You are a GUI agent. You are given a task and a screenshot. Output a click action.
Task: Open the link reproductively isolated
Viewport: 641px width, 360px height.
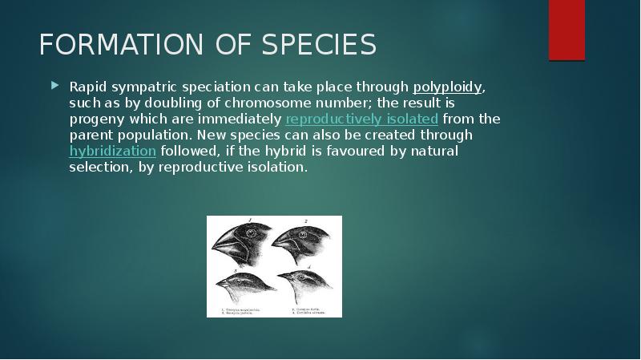(x=361, y=119)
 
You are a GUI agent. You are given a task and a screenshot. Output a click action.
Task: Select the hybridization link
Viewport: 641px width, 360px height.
(x=112, y=151)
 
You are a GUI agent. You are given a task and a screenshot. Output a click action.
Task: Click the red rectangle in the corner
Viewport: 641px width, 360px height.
(x=566, y=30)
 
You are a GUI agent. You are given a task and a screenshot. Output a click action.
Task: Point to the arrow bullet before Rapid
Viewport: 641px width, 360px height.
(x=54, y=84)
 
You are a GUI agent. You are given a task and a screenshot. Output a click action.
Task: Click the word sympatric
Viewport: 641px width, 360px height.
(x=147, y=87)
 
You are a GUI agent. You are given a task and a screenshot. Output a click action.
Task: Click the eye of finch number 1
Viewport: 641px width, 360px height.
(x=250, y=233)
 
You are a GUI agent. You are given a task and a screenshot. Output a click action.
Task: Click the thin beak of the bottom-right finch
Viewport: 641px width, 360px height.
(x=283, y=278)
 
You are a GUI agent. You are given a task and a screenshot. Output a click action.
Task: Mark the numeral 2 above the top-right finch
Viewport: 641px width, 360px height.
(x=305, y=220)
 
